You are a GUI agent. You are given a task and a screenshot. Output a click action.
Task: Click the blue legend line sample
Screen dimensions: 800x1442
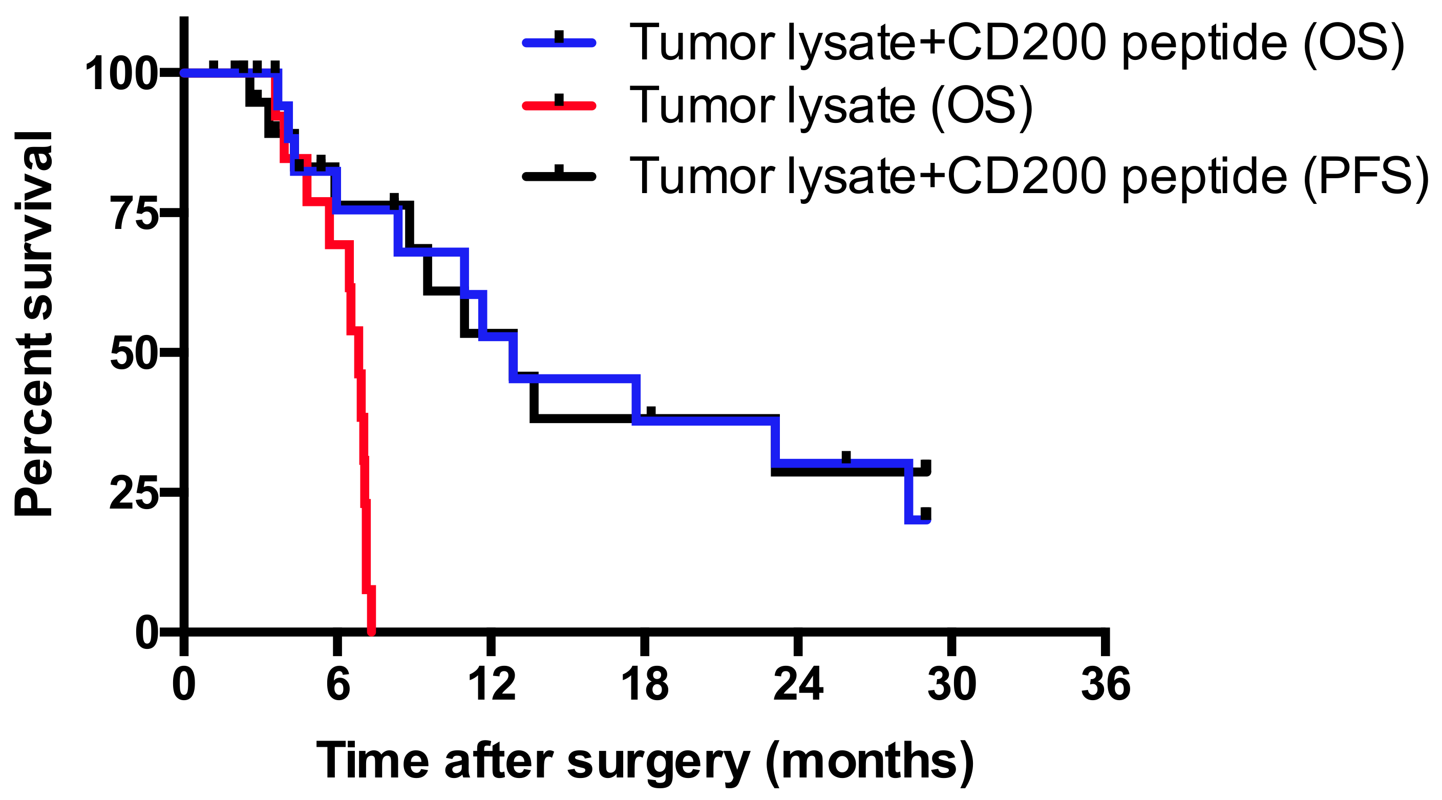(x=559, y=42)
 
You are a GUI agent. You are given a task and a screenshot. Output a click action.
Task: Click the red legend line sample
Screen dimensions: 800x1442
(x=559, y=105)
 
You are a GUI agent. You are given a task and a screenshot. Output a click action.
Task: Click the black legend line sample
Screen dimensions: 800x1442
(x=559, y=176)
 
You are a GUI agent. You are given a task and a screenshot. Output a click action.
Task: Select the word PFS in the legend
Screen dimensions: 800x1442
(x=1366, y=176)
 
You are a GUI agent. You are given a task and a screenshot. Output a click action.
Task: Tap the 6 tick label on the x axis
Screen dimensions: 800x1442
(x=338, y=684)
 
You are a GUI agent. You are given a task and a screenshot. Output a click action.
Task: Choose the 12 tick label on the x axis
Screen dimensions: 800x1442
(x=492, y=684)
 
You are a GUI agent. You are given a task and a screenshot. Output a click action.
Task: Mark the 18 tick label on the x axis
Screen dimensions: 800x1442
(x=645, y=684)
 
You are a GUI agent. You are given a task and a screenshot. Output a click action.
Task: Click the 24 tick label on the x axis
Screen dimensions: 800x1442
(x=798, y=684)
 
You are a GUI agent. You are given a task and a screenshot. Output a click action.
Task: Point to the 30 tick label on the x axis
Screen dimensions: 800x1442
(x=951, y=684)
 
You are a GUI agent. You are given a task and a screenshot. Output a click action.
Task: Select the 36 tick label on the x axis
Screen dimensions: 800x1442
(x=1106, y=684)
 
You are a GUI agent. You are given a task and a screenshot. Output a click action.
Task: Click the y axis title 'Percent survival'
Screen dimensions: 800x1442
(x=34, y=323)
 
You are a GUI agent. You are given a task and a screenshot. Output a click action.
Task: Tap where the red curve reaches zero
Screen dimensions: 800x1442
(x=371, y=630)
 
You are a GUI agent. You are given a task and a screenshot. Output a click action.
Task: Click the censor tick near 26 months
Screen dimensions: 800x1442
(x=846, y=457)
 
